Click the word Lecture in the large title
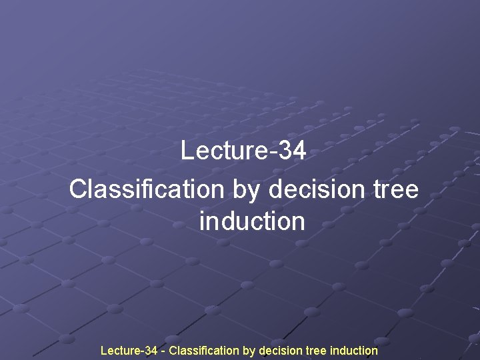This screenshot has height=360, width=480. pyautogui.click(x=223, y=151)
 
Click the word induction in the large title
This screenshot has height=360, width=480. pyautogui.click(x=252, y=221)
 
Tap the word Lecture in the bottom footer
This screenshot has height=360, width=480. pyautogui.click(x=119, y=350)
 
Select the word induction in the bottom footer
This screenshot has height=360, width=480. pyautogui.click(x=353, y=350)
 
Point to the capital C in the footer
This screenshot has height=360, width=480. pyautogui.click(x=173, y=350)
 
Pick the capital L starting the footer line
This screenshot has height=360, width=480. pyautogui.click(x=103, y=350)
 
